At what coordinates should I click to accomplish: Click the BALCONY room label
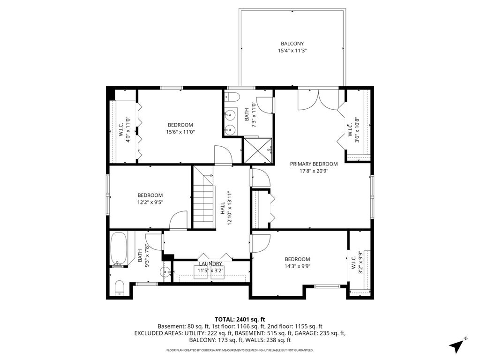292,44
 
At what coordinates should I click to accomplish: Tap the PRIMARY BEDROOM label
314,164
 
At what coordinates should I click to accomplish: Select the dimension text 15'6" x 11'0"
180,132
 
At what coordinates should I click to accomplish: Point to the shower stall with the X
257,150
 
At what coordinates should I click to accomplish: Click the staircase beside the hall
203,197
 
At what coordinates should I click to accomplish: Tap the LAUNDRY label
210,264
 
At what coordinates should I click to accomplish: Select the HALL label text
223,208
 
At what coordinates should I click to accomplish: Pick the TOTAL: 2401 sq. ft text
240,320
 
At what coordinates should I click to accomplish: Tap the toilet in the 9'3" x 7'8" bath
119,288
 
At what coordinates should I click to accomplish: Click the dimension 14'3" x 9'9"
297,266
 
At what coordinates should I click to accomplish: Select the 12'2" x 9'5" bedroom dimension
150,202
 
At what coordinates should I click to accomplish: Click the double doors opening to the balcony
318,99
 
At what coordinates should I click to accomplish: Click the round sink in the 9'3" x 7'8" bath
165,271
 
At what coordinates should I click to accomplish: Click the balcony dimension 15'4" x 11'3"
292,51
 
